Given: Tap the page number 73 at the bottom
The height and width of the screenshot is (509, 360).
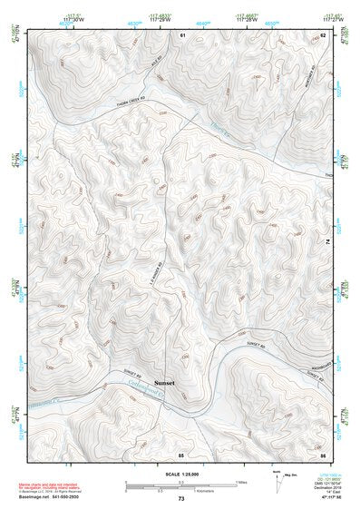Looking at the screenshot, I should tap(180, 499).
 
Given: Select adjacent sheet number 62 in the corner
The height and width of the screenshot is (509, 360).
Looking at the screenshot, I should tap(323, 34).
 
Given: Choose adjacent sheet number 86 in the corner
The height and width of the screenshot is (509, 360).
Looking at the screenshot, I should tap(323, 453).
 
